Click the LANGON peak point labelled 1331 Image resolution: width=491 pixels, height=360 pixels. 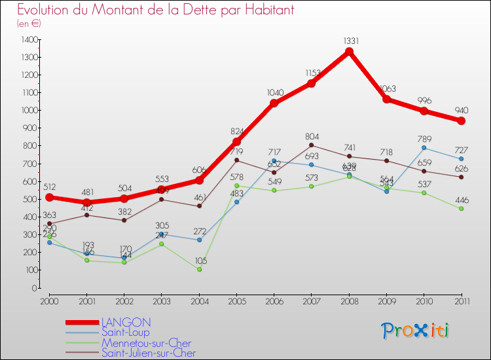(349, 52)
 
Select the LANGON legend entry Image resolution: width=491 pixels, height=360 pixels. (126, 322)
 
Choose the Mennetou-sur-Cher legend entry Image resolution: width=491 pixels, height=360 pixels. (147, 343)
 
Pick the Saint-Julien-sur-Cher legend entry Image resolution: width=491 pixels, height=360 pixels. (149, 353)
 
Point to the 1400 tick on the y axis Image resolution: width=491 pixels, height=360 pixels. (29, 40)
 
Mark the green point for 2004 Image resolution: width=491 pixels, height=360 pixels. (199, 269)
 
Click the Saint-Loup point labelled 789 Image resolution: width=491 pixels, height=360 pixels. (424, 148)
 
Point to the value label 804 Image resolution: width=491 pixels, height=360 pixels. (312, 136)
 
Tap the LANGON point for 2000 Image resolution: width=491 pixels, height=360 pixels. (49, 197)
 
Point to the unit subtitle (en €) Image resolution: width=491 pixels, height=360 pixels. (29, 23)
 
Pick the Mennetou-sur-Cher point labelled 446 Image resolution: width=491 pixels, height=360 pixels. (461, 209)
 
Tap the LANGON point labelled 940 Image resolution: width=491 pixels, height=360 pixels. (461, 121)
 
